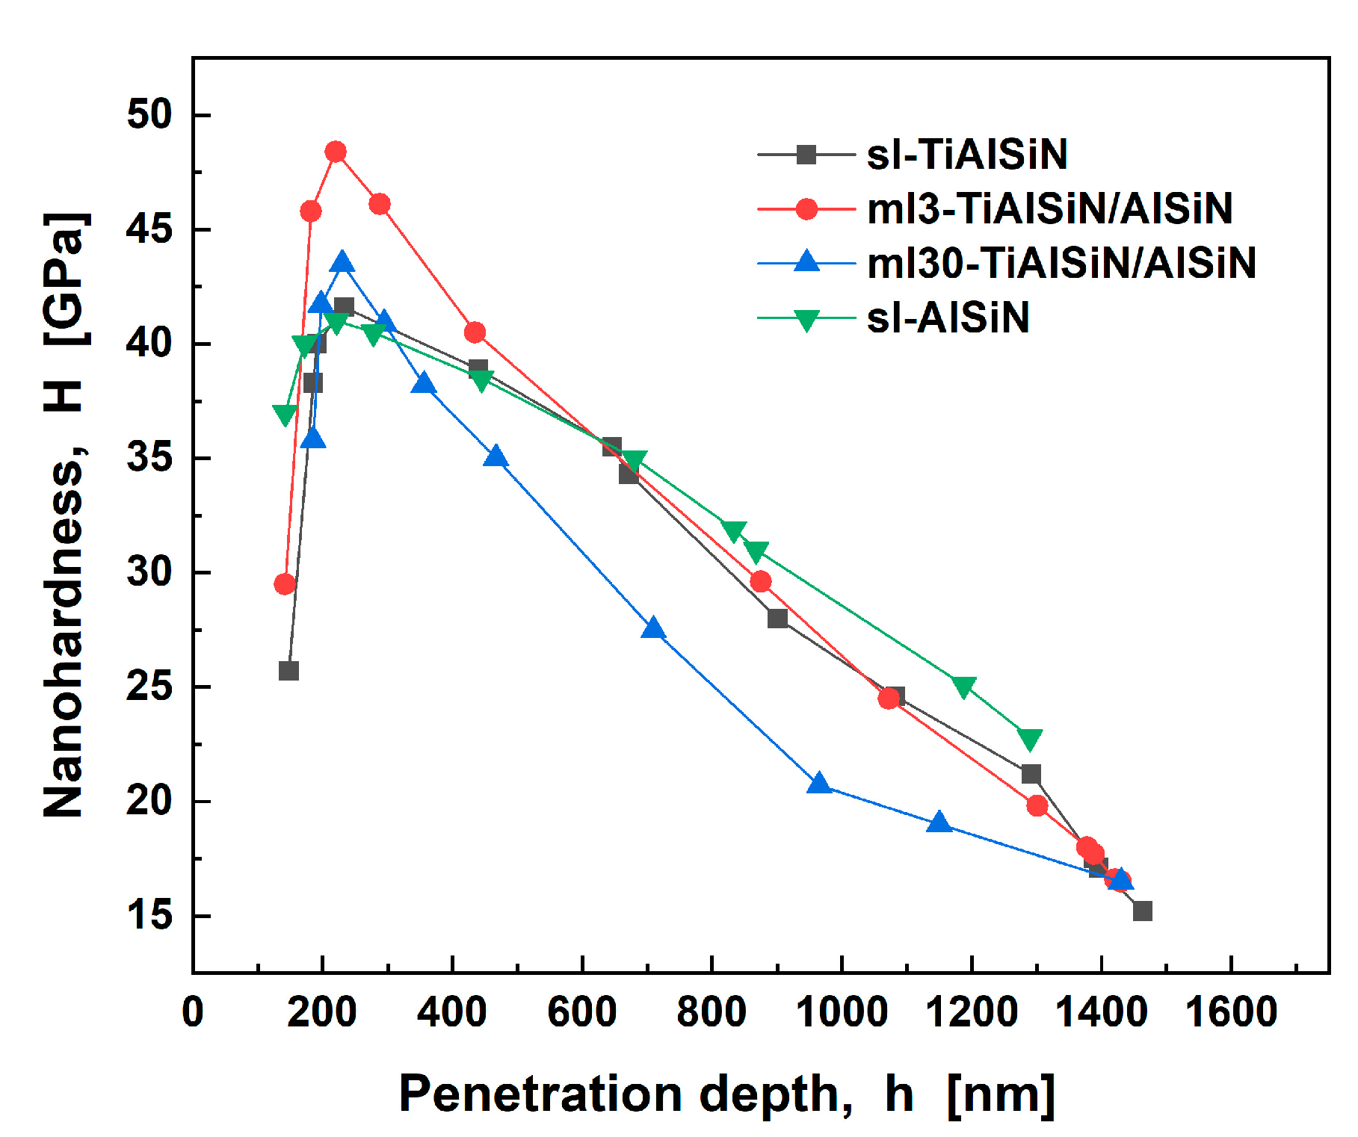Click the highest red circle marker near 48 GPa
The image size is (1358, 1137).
point(336,152)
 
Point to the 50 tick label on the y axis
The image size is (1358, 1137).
point(149,114)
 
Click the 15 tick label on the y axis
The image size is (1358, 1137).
point(149,916)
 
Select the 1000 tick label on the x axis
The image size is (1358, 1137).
point(842,1013)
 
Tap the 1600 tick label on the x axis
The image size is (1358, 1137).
point(1230,1013)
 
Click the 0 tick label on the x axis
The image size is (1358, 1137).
point(193,1013)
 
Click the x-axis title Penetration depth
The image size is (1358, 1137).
point(625,1094)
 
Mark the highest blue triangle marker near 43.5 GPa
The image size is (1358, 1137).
point(342,262)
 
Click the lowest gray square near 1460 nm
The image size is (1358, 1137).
point(1142,911)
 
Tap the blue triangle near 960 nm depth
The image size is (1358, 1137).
point(819,783)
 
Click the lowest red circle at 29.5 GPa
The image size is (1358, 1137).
point(285,584)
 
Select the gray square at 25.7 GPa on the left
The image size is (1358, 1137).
point(288,671)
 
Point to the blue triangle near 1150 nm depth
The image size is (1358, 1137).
point(939,822)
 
